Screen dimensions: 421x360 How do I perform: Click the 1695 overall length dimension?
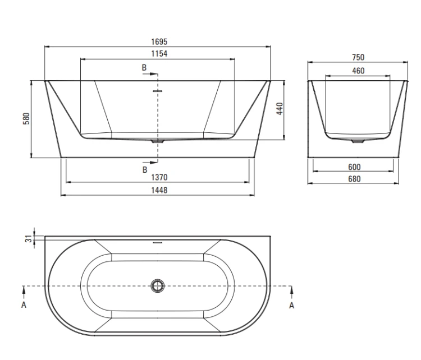tap(159, 42)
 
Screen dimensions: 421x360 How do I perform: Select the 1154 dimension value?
tap(159, 54)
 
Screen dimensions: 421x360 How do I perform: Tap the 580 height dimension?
tap(26, 118)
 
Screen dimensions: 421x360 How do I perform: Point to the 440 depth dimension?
tap(280, 109)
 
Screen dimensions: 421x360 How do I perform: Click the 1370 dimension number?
tap(159, 177)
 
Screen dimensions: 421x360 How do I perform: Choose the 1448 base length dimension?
tap(159, 190)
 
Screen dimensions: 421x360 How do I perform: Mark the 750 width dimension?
tap(358, 57)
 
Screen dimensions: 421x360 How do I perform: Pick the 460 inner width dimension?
tap(358, 71)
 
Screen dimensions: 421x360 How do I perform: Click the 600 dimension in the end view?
tap(354, 167)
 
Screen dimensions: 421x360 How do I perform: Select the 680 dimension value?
tap(354, 179)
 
